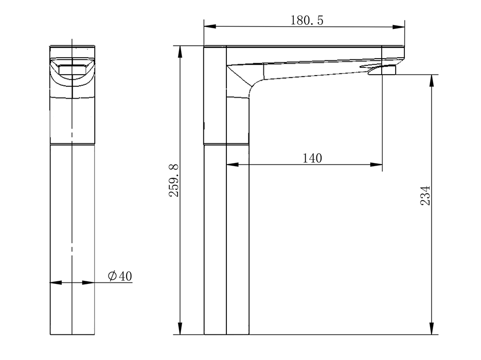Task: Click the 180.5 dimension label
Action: coord(307,21)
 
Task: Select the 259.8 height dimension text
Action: coord(174,181)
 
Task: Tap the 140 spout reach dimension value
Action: coord(312,158)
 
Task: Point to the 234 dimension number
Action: coord(425,195)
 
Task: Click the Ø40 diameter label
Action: coord(120,276)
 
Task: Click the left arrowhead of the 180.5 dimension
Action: coord(210,26)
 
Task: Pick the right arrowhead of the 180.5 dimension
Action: coord(399,27)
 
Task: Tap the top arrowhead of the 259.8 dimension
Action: coord(181,52)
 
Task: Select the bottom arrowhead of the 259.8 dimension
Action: coord(181,329)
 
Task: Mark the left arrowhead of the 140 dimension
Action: coord(233,165)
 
